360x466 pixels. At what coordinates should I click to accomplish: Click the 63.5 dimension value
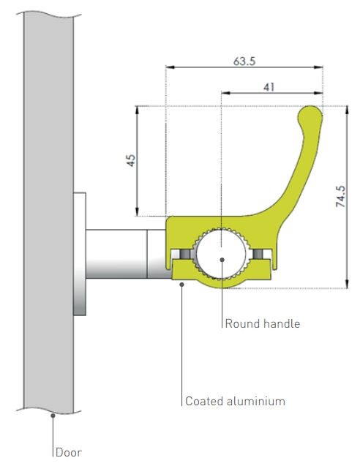tap(244, 61)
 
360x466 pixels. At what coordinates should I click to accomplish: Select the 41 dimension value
tap(269, 87)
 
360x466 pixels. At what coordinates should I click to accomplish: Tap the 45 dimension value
tap(131, 160)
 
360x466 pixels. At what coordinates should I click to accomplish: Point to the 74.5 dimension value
tap(341, 196)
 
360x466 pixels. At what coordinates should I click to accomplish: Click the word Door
tap(69, 453)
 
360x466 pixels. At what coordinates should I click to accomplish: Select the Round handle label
tap(263, 323)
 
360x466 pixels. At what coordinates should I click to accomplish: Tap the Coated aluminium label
tap(235, 401)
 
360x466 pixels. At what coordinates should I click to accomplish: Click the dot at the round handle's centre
tap(222, 260)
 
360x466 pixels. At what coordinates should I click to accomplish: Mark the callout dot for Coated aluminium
tap(182, 285)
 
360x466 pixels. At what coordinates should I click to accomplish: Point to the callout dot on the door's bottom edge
tap(53, 416)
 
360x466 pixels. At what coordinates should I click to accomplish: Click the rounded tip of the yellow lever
tap(310, 113)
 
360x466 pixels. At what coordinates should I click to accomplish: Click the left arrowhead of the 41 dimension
tap(225, 93)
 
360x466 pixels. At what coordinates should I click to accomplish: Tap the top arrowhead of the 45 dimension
tap(137, 110)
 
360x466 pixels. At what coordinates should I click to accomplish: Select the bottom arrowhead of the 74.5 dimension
tap(347, 284)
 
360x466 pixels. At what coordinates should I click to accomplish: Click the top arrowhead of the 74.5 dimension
tap(347, 110)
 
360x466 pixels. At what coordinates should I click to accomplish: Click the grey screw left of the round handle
tap(185, 254)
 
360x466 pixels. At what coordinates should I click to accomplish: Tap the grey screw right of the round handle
tap(258, 254)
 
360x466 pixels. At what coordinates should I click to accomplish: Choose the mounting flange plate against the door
tap(80, 254)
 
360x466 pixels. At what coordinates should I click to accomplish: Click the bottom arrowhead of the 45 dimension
tap(137, 211)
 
